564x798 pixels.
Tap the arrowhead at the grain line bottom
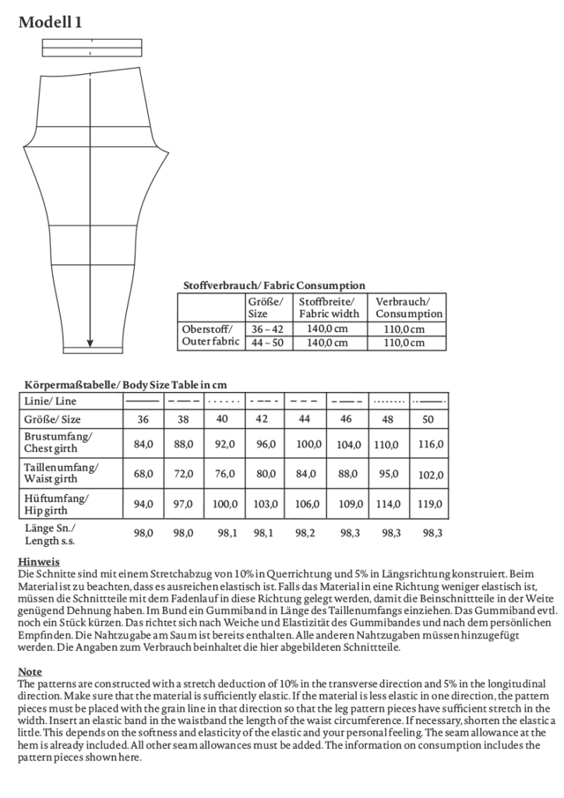coord(90,341)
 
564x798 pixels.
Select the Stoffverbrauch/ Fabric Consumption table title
coord(273,286)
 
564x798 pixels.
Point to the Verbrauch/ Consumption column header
coord(409,307)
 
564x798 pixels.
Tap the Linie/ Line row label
coord(49,401)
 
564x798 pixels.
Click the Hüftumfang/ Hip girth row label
coord(55,503)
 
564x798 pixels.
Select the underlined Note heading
coord(30,672)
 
